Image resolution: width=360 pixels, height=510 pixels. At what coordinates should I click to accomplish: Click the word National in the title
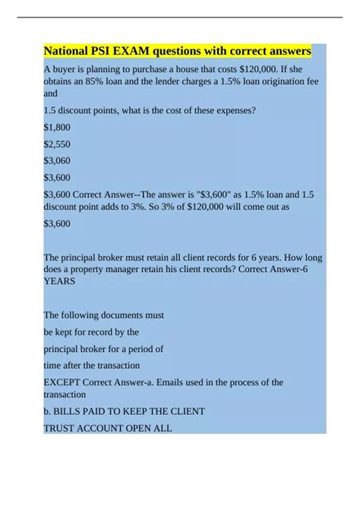pos(68,52)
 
